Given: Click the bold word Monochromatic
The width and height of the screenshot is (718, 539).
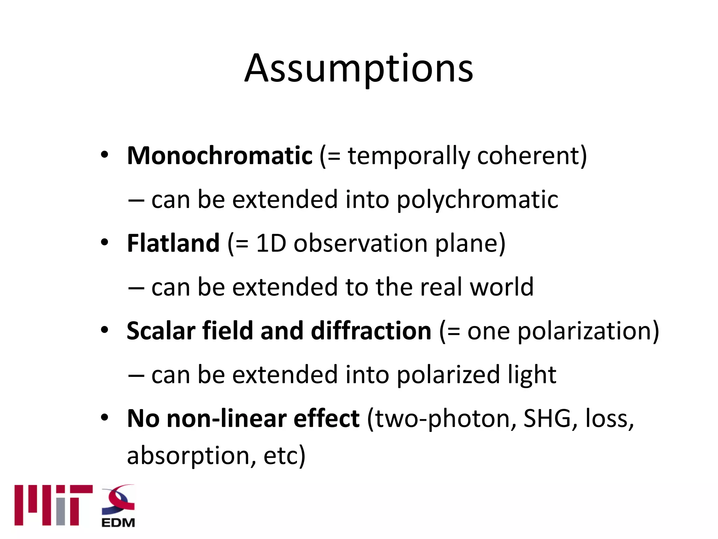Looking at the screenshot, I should pos(219,155).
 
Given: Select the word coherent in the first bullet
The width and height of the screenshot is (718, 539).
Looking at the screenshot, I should pos(531,155).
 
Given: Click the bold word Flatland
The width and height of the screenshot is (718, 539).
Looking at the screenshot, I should pos(173,243).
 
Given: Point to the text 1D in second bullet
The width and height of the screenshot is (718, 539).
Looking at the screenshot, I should pos(271,243).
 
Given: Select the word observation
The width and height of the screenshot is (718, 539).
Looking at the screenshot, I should pos(360,243).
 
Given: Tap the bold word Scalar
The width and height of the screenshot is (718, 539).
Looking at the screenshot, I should pos(161,331).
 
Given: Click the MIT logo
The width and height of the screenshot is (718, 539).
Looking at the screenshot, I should pos(53,505).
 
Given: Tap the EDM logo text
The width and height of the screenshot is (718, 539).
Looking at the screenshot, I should pos(118,523).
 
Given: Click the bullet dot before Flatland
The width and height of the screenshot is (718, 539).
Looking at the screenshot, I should pos(104,242).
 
